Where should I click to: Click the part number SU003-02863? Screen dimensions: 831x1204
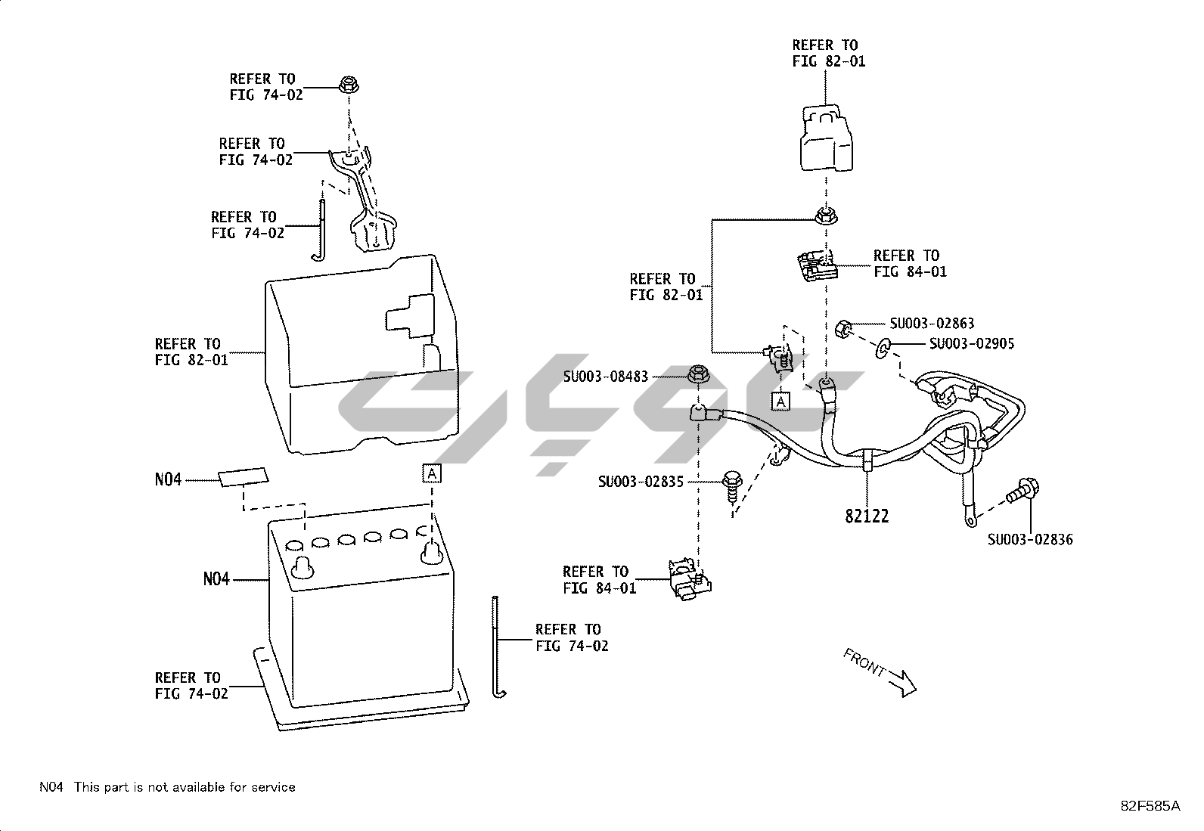(x=932, y=324)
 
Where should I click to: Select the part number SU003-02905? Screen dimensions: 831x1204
(x=972, y=344)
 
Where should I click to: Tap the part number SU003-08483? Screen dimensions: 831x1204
(x=606, y=376)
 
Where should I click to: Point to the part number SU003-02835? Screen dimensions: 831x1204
(x=641, y=481)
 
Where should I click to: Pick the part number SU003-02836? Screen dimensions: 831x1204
(x=1030, y=539)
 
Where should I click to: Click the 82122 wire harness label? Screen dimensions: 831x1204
(x=867, y=516)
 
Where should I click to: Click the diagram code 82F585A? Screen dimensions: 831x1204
(x=1150, y=806)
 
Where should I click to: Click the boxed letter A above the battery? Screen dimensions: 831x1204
(x=431, y=474)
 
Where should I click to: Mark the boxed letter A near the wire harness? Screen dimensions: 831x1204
(x=780, y=401)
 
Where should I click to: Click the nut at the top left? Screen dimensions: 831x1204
(x=349, y=85)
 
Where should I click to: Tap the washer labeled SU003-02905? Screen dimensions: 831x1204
(x=883, y=348)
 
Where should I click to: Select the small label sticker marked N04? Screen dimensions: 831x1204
(x=244, y=478)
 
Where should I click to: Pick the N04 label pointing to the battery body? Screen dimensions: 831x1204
(x=216, y=580)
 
